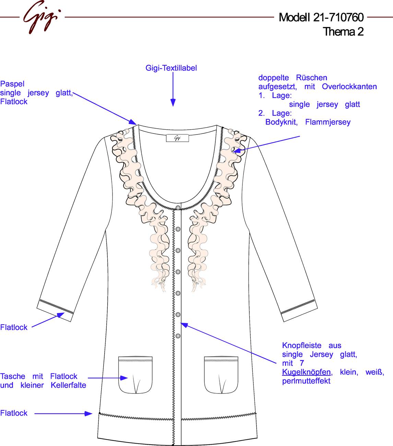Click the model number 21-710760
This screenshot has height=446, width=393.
(338, 17)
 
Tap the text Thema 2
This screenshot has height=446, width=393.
(343, 32)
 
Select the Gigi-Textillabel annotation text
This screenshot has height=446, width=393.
(171, 68)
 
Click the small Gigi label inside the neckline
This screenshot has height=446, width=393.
(177, 138)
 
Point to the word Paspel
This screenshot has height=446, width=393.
(12, 84)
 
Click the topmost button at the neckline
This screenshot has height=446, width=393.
(178, 208)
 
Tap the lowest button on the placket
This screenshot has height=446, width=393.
(178, 336)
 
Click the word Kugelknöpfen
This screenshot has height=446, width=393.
(306, 372)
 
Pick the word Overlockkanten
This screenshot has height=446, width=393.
(349, 86)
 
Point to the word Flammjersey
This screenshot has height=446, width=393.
(327, 122)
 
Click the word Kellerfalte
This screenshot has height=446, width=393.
(69, 385)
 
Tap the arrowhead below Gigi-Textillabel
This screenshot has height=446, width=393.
(173, 103)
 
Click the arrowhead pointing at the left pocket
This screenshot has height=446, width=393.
(124, 378)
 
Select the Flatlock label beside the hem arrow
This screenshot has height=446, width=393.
(14, 413)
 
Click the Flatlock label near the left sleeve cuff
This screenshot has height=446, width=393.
(14, 327)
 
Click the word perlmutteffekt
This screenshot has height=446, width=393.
(306, 381)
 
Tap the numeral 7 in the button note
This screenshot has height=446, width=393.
(302, 363)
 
